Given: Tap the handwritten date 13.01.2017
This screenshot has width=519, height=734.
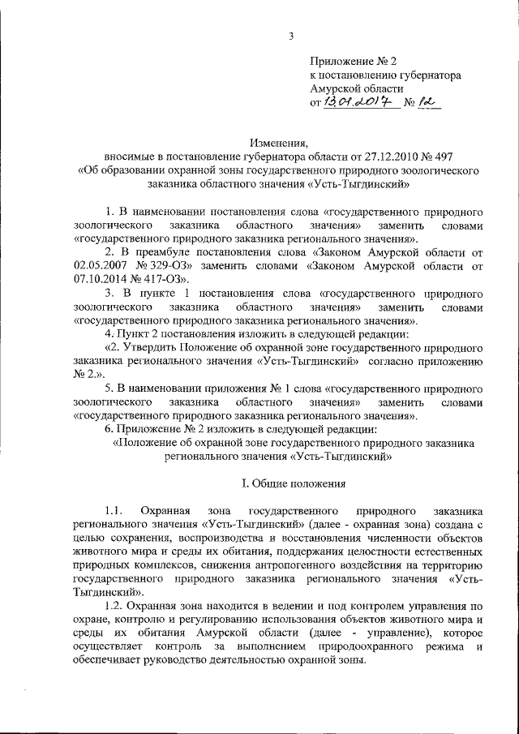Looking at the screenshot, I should pyautogui.click(x=358, y=104).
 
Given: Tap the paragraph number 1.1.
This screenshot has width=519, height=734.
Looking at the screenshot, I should pyautogui.click(x=113, y=512).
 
